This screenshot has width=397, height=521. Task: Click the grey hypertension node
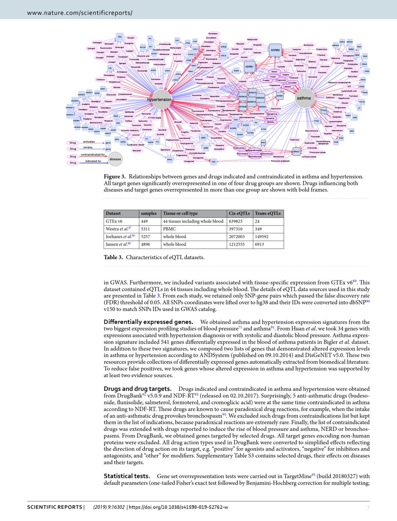[x=159, y=100]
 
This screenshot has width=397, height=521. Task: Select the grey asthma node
[x=303, y=98]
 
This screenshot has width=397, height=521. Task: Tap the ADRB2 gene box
[x=275, y=50]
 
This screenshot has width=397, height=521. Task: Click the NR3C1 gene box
[x=296, y=151]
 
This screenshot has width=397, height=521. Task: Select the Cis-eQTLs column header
[x=239, y=213]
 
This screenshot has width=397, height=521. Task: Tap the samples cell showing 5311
[x=145, y=229]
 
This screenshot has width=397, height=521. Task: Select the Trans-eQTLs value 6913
[x=260, y=244]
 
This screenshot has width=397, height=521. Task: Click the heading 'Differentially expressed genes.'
[x=148, y=322]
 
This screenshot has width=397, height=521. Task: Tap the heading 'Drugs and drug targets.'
[x=137, y=388]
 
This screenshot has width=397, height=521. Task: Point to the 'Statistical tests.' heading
[x=127, y=476]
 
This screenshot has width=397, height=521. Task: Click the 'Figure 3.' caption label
[x=115, y=177]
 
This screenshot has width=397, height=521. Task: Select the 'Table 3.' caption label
[x=114, y=257]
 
